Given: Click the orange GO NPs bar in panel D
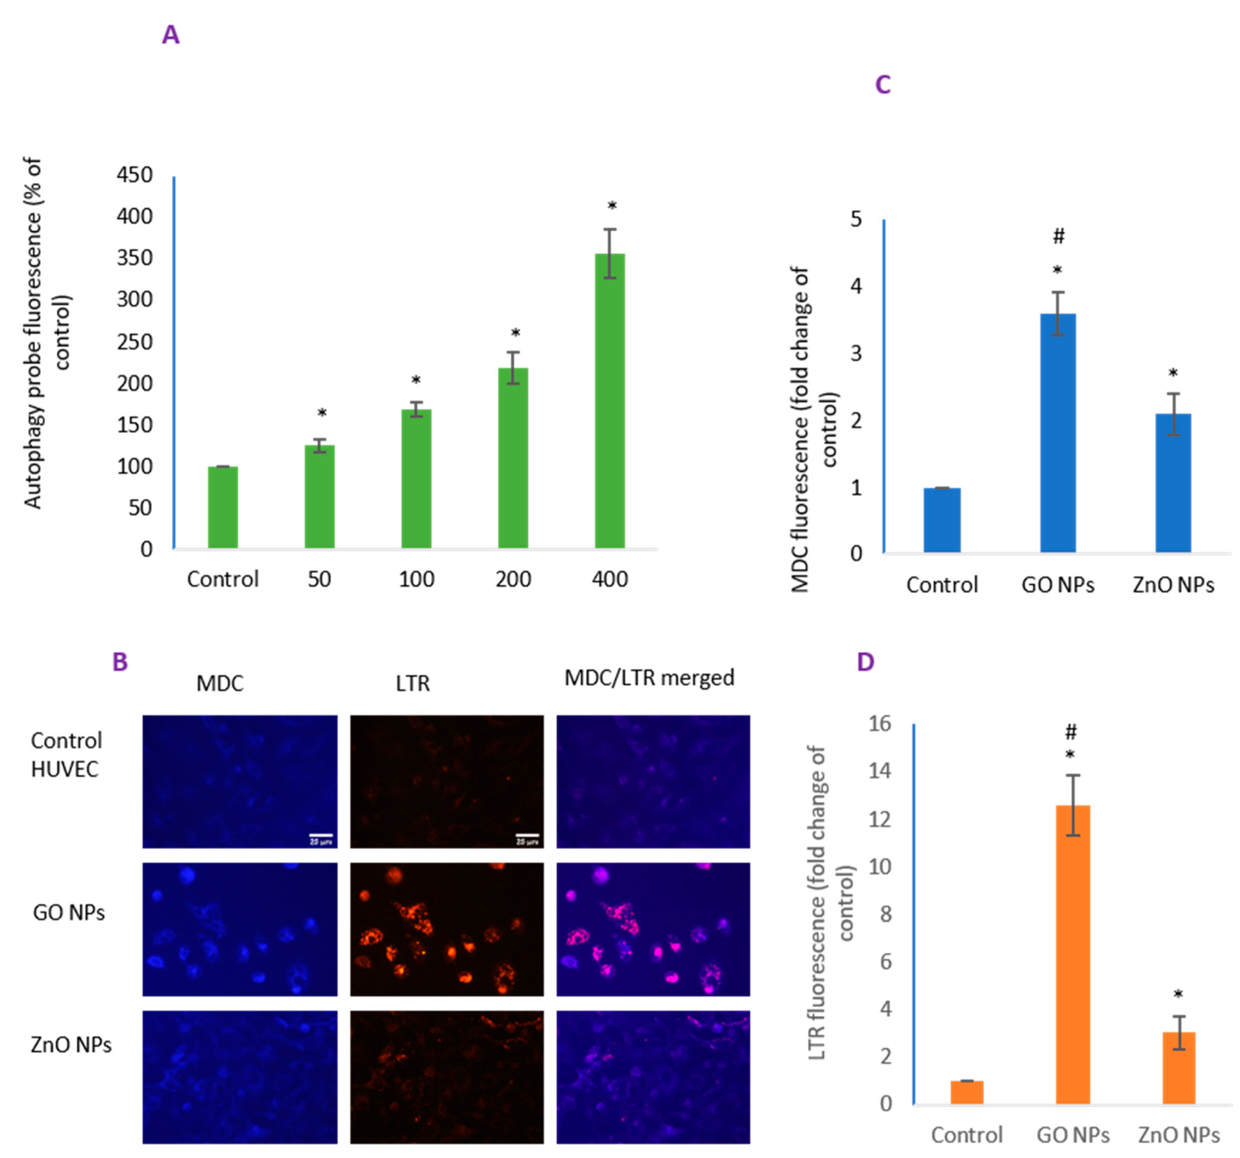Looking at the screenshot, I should point(1073,955).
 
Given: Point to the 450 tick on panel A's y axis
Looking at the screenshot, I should point(134,175).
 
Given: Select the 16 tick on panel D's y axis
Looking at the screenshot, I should point(880,724).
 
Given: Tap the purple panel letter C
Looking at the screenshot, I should point(882,85).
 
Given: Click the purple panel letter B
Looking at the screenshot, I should point(120,662).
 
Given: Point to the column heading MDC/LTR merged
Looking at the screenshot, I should point(649,678).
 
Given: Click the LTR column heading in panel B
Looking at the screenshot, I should point(412,683).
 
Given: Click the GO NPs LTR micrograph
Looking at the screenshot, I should point(447,929).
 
